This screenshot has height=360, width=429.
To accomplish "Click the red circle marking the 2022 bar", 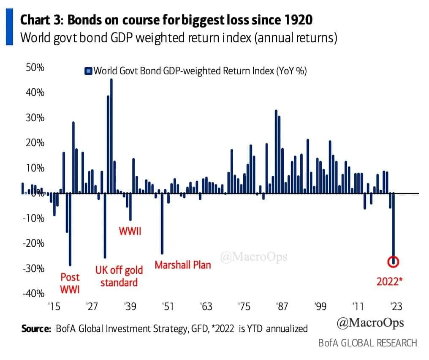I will [x=394, y=262].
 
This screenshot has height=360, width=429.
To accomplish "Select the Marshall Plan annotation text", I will [x=182, y=265].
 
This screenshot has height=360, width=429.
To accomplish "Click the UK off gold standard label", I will [x=119, y=276].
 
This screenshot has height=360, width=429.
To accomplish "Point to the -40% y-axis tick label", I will [x=33, y=293].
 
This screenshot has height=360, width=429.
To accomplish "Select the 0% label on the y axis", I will [x=37, y=193].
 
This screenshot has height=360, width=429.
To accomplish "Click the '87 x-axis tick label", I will [x=282, y=306].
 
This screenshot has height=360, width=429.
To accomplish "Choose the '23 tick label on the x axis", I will [x=396, y=306].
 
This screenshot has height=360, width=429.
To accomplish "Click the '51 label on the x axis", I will [x=168, y=306].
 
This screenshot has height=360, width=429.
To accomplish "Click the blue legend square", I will [x=88, y=71].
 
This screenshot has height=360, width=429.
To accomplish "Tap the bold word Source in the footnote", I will [x=36, y=328].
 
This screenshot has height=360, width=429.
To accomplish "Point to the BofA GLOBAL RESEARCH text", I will [x=368, y=342].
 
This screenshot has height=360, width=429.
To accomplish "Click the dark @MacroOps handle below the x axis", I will [x=370, y=323].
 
